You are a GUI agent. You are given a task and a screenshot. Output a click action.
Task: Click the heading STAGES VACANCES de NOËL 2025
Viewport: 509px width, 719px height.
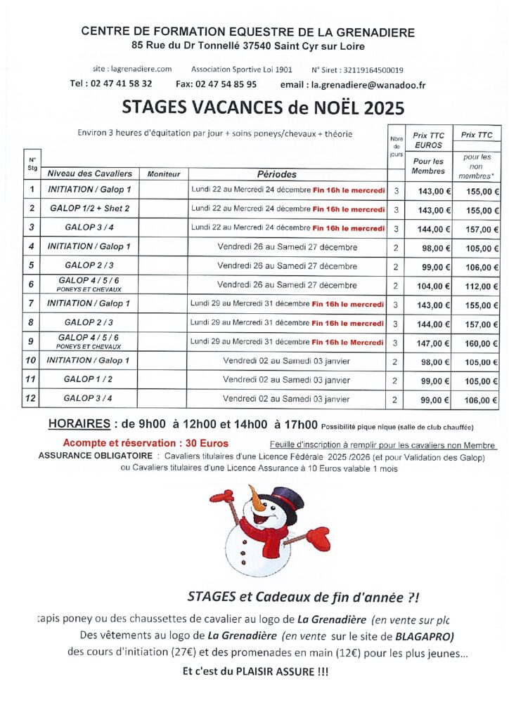point(263,107)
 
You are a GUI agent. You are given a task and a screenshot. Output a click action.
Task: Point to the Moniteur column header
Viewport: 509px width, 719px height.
point(164,173)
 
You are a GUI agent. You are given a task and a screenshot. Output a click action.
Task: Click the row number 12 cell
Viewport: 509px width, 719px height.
point(31,398)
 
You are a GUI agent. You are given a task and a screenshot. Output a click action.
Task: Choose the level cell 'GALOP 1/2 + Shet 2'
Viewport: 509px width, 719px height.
point(89,209)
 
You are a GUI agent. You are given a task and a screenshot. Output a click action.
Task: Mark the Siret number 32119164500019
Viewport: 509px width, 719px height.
point(373,70)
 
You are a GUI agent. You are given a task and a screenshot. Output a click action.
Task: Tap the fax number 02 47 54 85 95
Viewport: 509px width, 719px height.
point(227,84)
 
